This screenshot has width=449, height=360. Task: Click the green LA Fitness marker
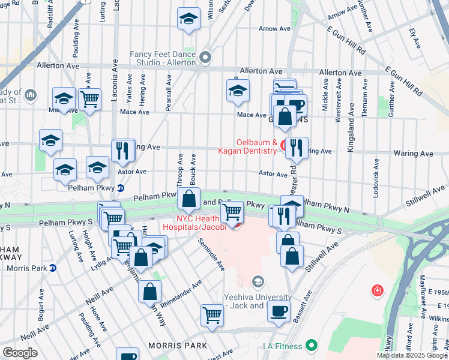coord(311,346)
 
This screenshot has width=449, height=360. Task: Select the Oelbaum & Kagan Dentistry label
coord(247,147)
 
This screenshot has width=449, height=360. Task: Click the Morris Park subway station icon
coord(53,268)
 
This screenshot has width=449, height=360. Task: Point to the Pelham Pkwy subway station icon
coord(120,188)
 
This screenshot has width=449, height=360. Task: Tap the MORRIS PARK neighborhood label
coord(178,346)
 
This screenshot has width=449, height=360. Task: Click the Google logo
coord(20,353)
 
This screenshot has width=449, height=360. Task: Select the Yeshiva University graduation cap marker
coord(258,281)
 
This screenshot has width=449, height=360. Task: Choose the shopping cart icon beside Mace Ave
coord(89,99)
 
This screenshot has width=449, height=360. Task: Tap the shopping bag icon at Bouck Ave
coord(188,199)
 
